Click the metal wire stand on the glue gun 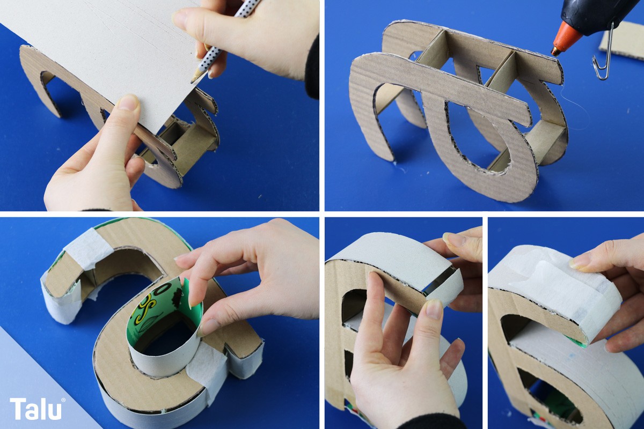(603, 55)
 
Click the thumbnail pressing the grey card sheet (129, 102)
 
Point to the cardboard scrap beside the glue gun (623, 40)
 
